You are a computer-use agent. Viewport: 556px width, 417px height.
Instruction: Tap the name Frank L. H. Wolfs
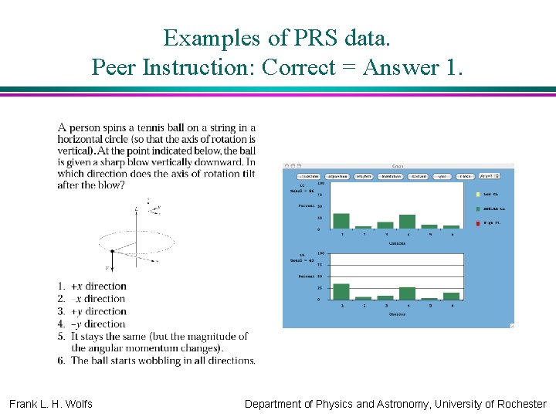pos(51,404)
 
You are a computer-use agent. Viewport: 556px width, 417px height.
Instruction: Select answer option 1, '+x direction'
pos(98,286)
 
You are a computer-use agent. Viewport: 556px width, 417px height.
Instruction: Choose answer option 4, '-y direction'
pos(98,324)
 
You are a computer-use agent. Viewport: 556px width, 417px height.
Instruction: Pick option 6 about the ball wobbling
pos(162,361)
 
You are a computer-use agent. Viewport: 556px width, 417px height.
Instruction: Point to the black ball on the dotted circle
pos(113,251)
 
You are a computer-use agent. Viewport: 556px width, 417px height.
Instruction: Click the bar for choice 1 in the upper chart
pos(341,221)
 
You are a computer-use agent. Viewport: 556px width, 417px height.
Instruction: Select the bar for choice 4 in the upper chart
pos(408,222)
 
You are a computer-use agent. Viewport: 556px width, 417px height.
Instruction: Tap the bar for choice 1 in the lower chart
pos(341,291)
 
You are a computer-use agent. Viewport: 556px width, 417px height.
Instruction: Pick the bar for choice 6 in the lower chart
pos(452,296)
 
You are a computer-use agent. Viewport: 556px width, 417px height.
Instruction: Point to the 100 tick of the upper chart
pos(320,184)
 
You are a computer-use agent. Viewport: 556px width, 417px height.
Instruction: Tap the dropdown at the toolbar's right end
pos(489,176)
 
